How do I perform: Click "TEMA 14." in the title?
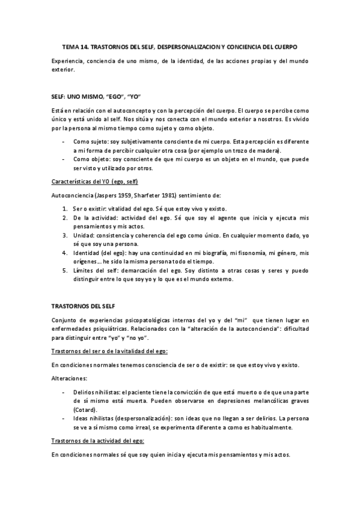(x=76, y=46)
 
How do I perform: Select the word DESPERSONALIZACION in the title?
(x=186, y=46)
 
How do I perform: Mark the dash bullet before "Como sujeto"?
(x=64, y=141)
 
